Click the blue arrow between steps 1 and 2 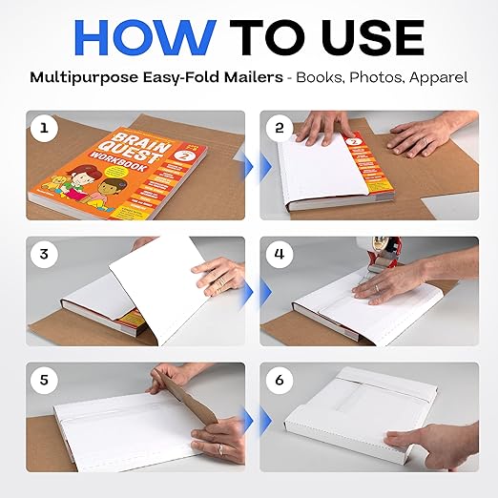tap(248, 165)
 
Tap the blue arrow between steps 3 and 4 tap(248, 291)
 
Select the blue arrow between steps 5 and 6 tap(248, 418)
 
